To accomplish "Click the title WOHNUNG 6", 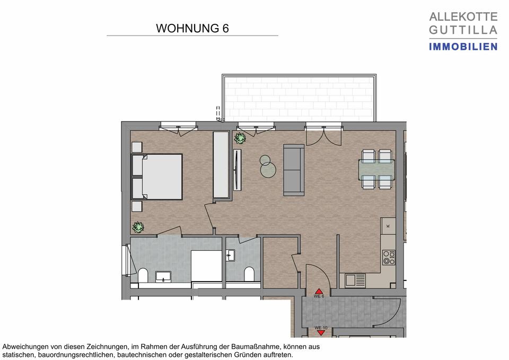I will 192,29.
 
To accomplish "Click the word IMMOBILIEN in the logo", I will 463,47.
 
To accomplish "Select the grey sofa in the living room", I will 294,168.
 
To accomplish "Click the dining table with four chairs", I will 377,169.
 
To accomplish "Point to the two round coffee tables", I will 267,165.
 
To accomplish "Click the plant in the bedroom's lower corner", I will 138,227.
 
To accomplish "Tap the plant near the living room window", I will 240,138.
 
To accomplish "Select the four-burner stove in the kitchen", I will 389,257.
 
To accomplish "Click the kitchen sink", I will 353,279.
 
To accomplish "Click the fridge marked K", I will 388,226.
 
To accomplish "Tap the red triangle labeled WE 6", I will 319,292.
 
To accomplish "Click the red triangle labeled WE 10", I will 321,332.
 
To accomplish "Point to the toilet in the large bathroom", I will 143,276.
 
